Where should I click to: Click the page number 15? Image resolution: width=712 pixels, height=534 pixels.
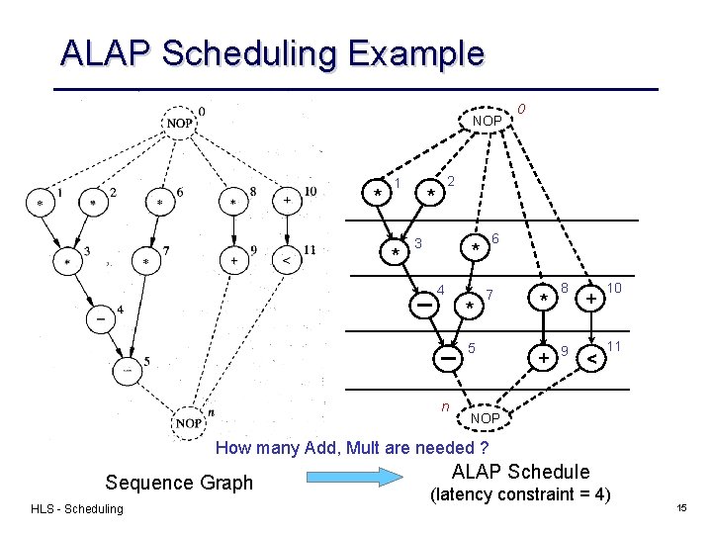[x=681, y=507]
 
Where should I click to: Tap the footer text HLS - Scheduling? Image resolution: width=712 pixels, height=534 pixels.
[x=77, y=508]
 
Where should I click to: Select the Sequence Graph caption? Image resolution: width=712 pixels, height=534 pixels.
[x=179, y=483]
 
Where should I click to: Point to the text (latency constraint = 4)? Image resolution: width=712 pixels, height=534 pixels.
[x=519, y=493]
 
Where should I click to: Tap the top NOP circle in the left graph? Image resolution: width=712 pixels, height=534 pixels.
[x=179, y=123]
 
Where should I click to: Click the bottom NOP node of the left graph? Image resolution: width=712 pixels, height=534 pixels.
[x=189, y=422]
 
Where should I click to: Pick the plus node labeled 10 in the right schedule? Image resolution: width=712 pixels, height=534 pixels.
[x=589, y=297]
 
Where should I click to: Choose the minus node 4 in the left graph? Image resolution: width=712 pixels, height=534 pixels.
[x=100, y=320]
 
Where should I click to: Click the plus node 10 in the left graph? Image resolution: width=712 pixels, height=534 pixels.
[x=287, y=200]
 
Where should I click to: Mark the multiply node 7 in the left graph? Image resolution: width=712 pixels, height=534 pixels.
[x=146, y=262]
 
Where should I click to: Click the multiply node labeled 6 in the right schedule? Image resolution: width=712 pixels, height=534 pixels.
[x=476, y=246]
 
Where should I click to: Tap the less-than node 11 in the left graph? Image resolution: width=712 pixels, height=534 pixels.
[x=287, y=261]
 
